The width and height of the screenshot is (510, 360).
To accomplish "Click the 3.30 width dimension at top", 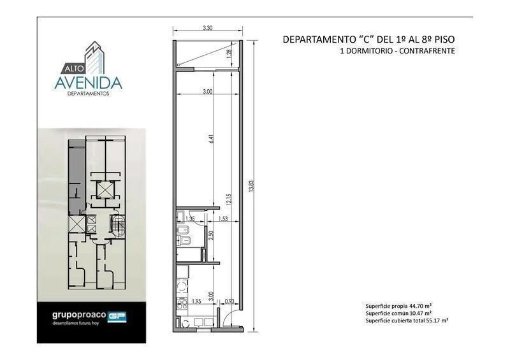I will (207, 29).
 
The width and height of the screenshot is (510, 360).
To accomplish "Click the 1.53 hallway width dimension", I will (223, 219).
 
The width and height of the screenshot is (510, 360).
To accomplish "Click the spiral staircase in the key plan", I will (117, 226).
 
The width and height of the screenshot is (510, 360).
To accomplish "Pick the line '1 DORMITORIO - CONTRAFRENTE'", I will (398, 52).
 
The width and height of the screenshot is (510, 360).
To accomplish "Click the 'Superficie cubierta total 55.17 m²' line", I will (407, 320).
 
